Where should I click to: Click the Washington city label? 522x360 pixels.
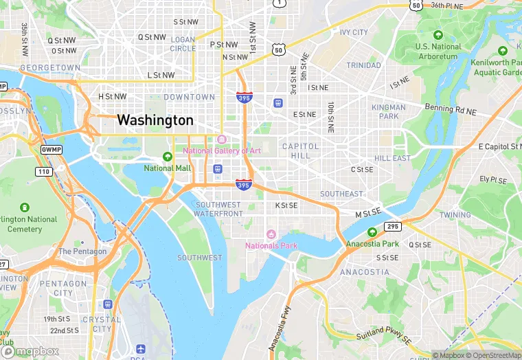[155, 120]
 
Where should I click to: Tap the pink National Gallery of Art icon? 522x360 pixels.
[221, 139]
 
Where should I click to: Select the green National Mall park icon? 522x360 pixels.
[168, 157]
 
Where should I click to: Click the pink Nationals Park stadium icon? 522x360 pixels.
[271, 234]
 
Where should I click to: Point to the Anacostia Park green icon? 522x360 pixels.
[372, 232]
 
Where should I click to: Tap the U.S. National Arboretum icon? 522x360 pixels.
[438, 35]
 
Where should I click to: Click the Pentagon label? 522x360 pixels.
[82, 251]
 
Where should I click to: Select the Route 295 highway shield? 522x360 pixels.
[392, 226]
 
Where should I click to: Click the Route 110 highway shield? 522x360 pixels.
[43, 170]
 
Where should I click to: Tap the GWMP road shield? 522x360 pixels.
[50, 149]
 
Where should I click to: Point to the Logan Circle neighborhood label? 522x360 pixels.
[183, 44]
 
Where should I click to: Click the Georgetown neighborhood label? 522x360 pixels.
[49, 68]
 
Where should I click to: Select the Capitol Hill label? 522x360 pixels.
[301, 151]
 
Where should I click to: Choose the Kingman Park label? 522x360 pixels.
[389, 111]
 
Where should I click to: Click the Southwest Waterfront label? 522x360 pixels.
[219, 209]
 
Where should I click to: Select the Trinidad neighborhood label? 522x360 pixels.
[363, 65]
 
